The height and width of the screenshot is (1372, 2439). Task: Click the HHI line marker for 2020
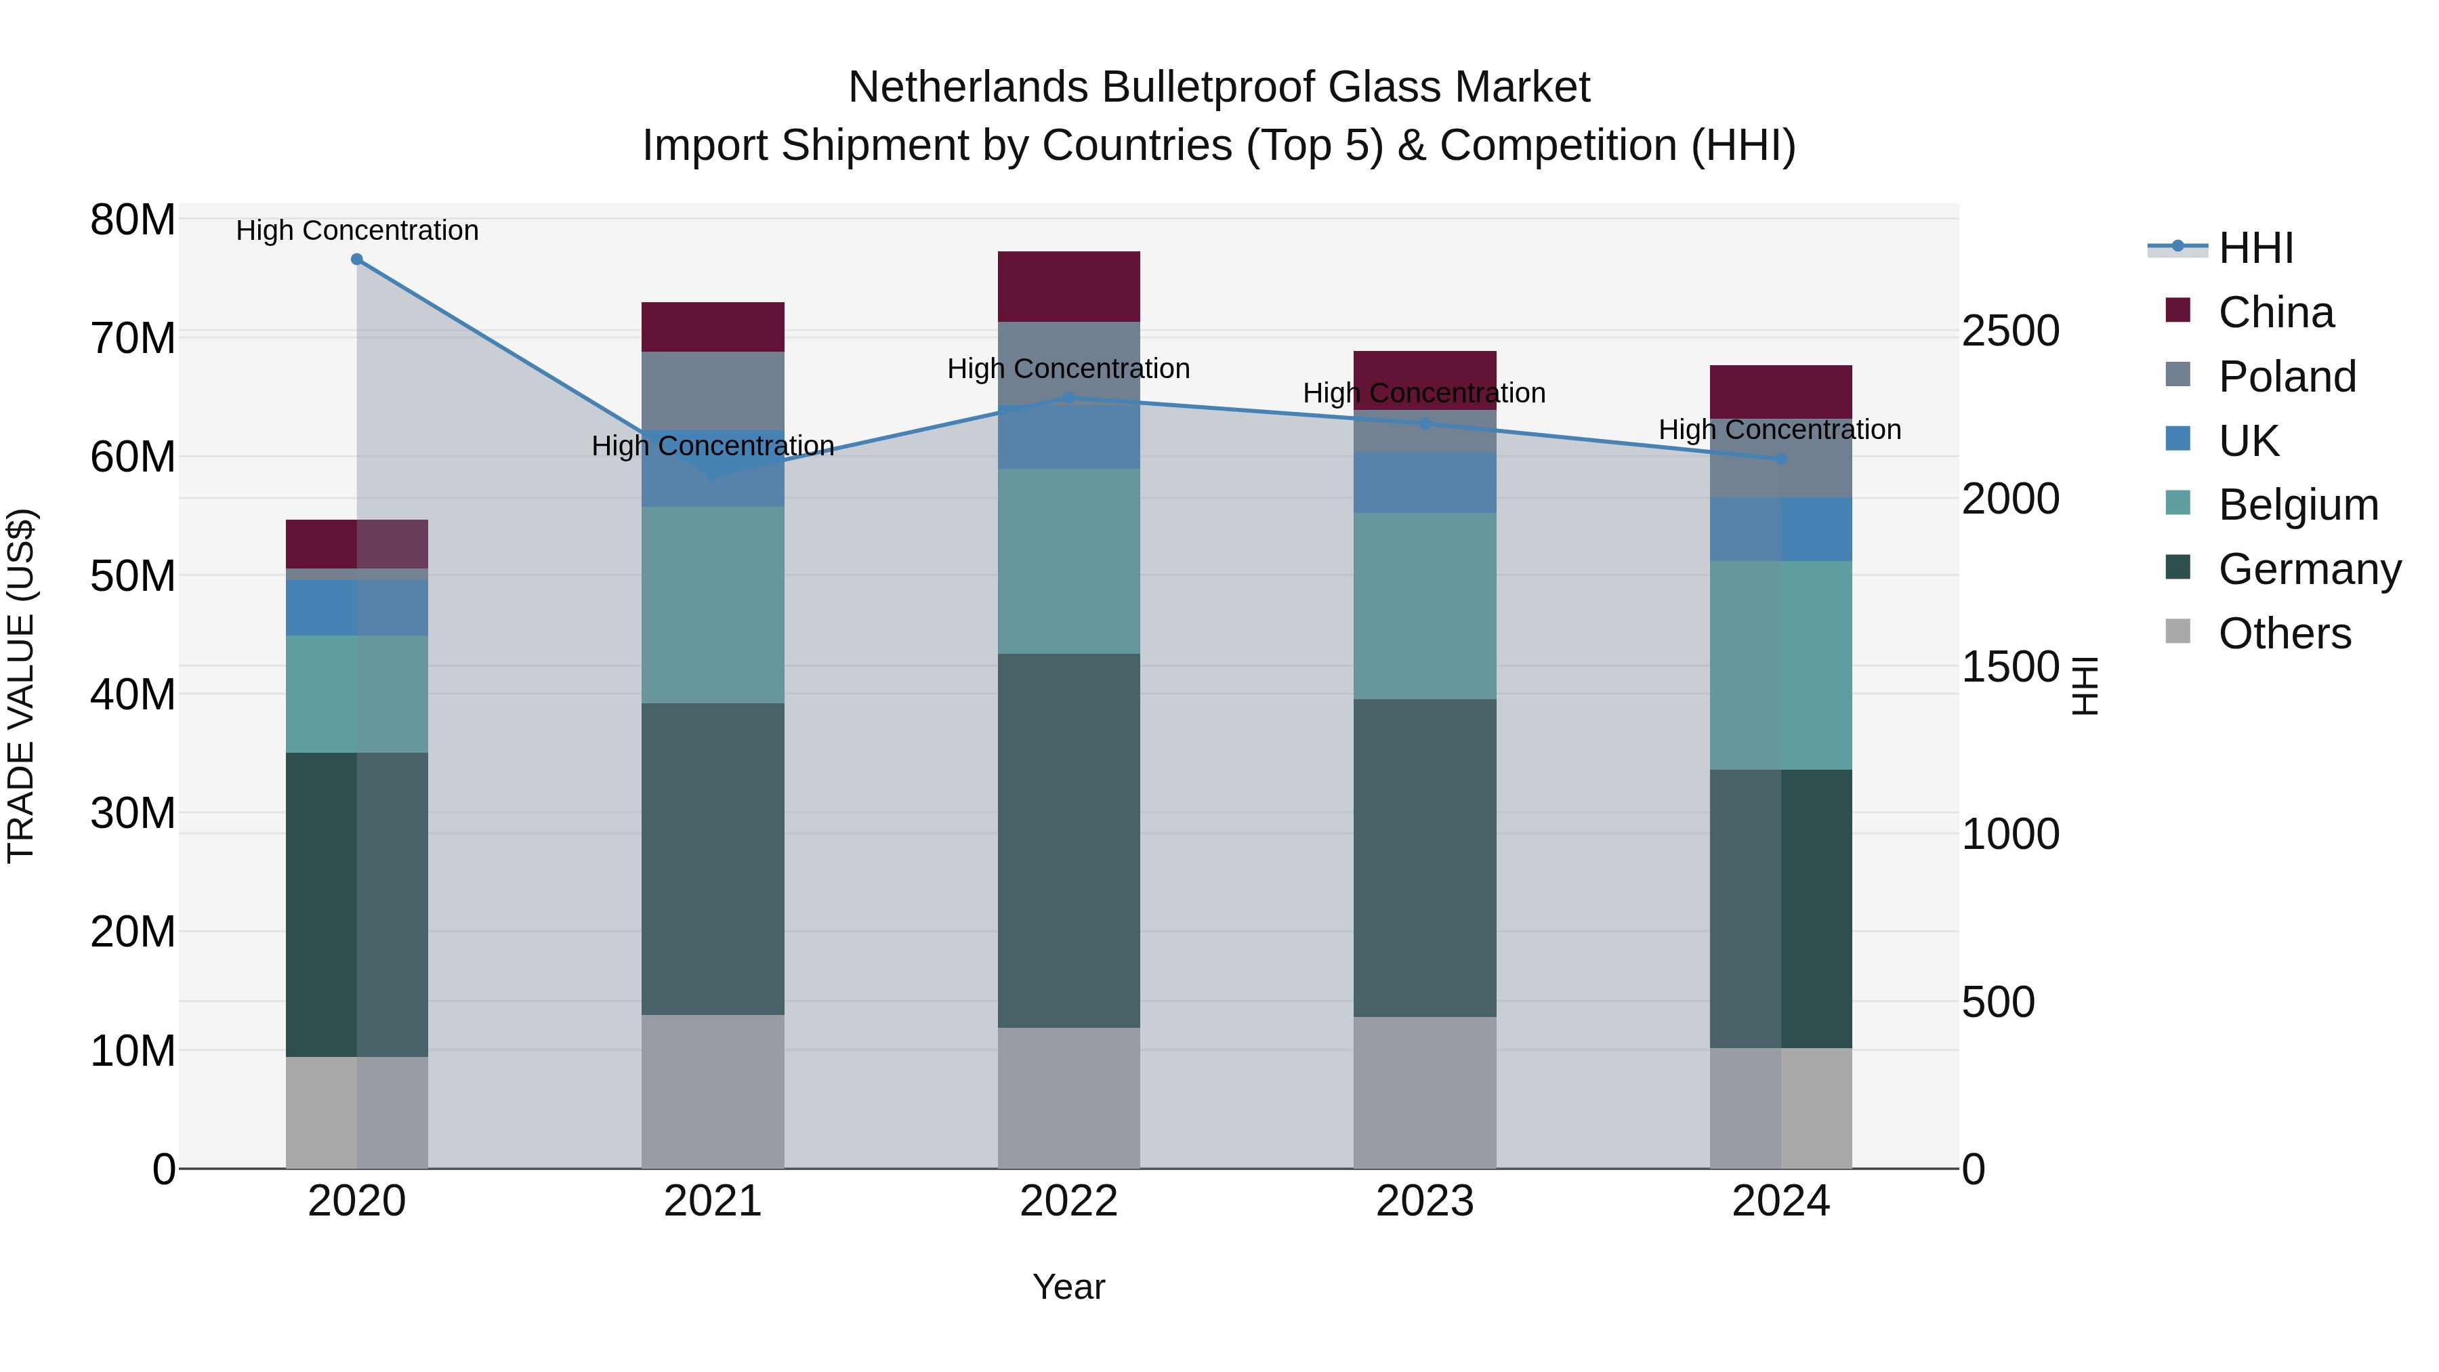357,259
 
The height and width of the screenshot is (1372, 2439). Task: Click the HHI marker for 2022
1069,398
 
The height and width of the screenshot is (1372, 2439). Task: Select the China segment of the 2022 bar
1069,287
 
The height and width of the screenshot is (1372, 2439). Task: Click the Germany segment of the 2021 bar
713,859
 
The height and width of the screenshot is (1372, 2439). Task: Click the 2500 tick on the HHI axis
2010,331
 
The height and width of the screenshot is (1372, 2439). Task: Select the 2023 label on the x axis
1425,1201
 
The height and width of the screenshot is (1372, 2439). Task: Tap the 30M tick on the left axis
133,813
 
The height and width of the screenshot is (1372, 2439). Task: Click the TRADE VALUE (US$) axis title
21,686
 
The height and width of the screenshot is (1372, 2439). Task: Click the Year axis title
1069,1287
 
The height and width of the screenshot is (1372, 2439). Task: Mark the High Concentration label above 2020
357,230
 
